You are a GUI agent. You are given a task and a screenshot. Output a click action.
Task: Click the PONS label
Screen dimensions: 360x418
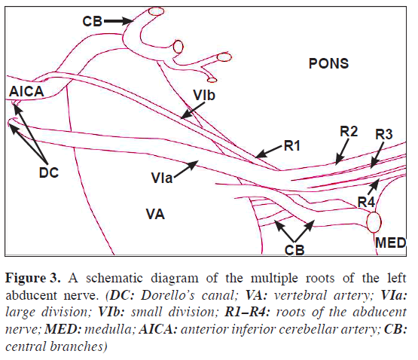click(x=328, y=64)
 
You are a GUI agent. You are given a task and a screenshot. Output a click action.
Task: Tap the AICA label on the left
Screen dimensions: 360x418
click(x=27, y=91)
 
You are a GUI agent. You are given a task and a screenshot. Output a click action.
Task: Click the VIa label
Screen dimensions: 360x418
click(x=161, y=178)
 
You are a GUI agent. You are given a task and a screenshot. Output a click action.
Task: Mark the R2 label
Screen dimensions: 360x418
click(x=348, y=131)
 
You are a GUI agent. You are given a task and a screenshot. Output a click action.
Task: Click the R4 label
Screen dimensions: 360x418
click(x=366, y=201)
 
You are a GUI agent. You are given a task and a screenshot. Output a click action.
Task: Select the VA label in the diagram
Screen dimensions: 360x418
click(x=156, y=215)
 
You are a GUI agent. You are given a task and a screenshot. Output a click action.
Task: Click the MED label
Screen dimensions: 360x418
click(x=389, y=243)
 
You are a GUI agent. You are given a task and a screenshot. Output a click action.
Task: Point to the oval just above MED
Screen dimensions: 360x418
click(x=374, y=222)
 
